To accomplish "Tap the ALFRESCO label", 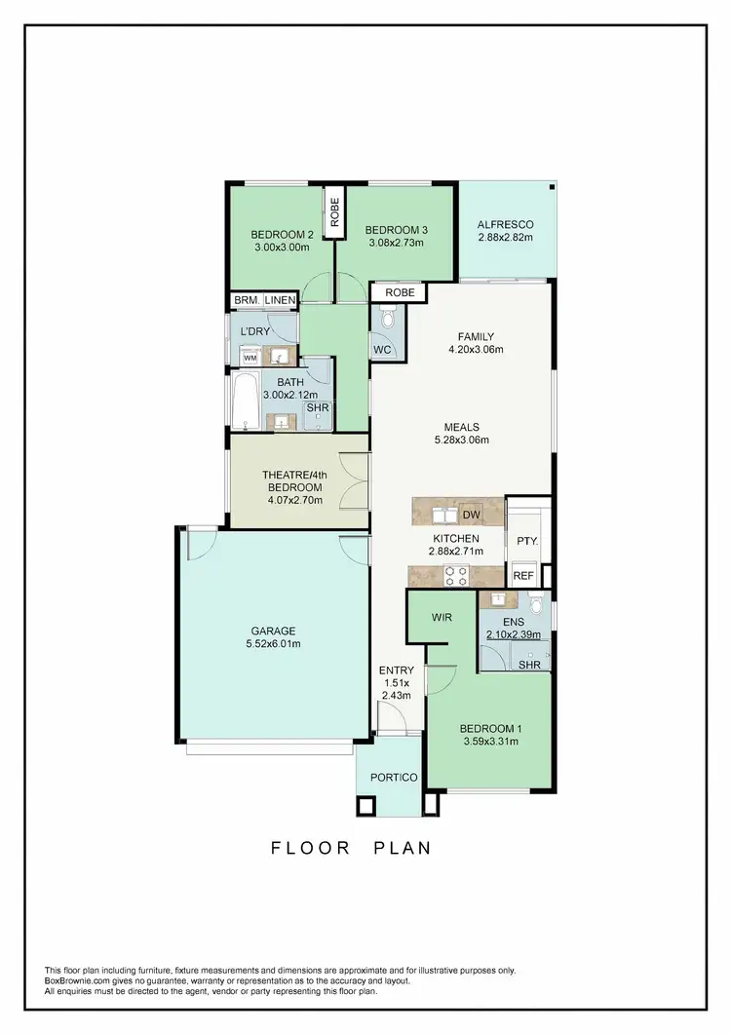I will (505, 224).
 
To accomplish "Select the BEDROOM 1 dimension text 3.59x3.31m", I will (489, 742).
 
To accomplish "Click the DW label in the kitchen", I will (471, 515).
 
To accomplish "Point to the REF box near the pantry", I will (523, 576).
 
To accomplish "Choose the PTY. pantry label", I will (527, 541).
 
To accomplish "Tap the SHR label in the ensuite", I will (529, 665).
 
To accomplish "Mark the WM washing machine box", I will (250, 359).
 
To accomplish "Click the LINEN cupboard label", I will (279, 301).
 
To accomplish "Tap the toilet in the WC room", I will (388, 318).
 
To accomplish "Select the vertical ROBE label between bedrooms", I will (335, 213).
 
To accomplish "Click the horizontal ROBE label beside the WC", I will (399, 292).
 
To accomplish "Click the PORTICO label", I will (394, 777).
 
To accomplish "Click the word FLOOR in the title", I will (311, 848).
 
